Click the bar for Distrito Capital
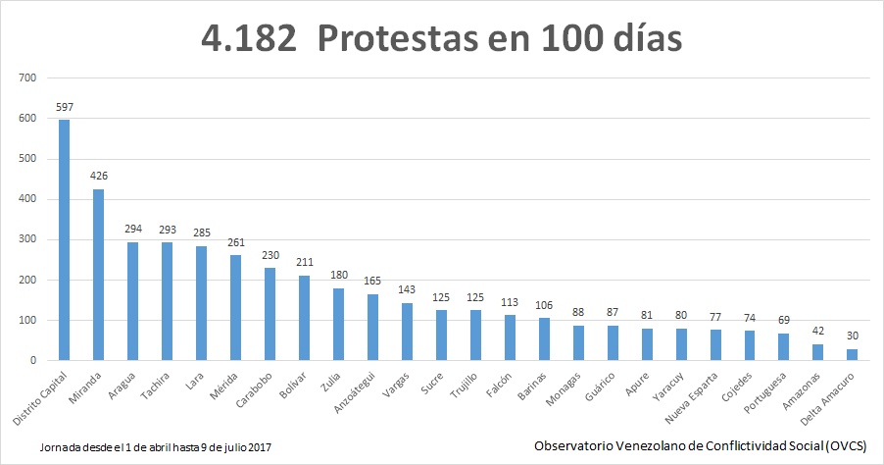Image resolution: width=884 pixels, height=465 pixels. [x=64, y=240]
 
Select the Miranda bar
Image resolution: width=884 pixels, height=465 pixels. [x=98, y=275]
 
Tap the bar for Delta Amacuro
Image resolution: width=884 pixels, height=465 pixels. [x=851, y=354]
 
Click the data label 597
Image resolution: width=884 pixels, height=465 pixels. [x=64, y=107]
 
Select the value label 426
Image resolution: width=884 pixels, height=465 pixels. [x=98, y=177]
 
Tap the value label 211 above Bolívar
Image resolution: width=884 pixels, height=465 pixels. [x=304, y=263]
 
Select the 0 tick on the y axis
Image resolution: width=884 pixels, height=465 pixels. [x=32, y=361]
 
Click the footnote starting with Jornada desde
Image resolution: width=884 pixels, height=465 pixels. [x=156, y=446]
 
